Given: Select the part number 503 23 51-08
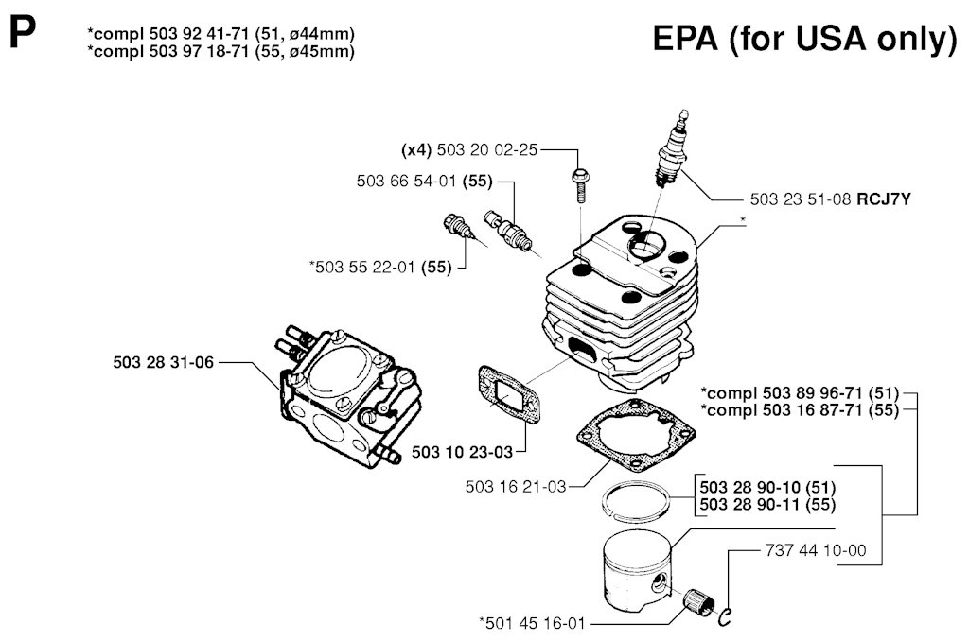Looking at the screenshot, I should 801,199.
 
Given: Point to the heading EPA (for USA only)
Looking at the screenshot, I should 805,40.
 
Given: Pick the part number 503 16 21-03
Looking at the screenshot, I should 516,487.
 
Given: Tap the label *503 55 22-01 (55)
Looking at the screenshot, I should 380,268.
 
